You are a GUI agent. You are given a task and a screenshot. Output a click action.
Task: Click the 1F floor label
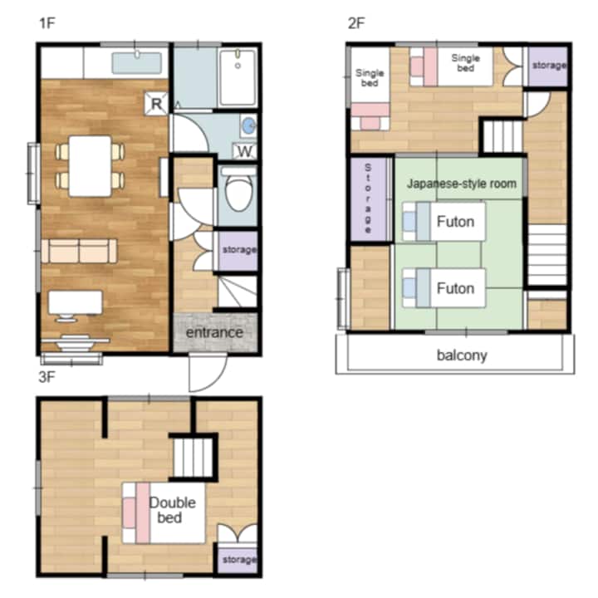click(47, 23)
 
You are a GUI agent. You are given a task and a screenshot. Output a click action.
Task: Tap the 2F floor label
click(356, 23)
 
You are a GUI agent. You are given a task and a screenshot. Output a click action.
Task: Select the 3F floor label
click(47, 377)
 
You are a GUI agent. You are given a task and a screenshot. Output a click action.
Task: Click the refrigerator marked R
click(156, 103)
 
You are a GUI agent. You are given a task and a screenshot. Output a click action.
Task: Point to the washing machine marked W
click(244, 151)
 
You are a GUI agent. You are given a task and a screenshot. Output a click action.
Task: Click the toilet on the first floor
click(238, 189)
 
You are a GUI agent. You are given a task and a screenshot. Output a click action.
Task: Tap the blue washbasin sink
click(249, 125)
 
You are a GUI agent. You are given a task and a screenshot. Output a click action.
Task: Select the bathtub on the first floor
click(238, 77)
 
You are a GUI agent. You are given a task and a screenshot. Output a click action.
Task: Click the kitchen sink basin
click(136, 63)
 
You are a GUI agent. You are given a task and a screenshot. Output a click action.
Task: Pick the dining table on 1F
click(91, 166)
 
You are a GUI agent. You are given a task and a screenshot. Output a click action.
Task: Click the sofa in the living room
click(79, 251)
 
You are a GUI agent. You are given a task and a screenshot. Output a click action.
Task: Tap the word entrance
click(214, 332)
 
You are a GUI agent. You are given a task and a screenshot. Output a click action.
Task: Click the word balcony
click(462, 355)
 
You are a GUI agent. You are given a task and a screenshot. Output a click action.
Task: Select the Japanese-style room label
click(462, 184)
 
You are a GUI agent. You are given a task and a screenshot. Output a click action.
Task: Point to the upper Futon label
click(455, 222)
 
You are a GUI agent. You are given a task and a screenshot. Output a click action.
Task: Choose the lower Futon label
click(455, 288)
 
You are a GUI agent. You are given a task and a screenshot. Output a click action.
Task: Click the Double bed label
click(172, 510)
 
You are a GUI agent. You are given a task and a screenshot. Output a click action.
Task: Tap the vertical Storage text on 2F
click(368, 199)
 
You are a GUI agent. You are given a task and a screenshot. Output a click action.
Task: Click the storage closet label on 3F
click(239, 560)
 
